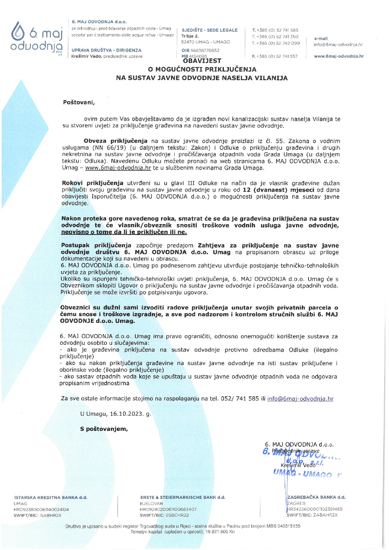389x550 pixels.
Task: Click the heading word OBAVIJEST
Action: click(202, 61)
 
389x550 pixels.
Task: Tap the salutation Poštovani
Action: click(79, 103)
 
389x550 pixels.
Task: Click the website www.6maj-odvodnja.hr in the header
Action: click(339, 56)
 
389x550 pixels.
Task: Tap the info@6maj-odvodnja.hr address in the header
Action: click(338, 45)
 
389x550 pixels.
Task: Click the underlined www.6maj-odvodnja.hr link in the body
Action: click(118, 168)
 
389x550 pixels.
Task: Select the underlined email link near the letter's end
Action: click(300, 399)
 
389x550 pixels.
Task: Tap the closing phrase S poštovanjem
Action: click(104, 429)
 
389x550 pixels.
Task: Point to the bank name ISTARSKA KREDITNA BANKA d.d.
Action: click(51, 497)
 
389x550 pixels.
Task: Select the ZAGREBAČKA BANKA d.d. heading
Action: click(316, 497)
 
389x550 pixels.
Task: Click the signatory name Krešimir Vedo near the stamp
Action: click(298, 465)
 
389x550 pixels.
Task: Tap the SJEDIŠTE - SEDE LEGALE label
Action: click(210, 30)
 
